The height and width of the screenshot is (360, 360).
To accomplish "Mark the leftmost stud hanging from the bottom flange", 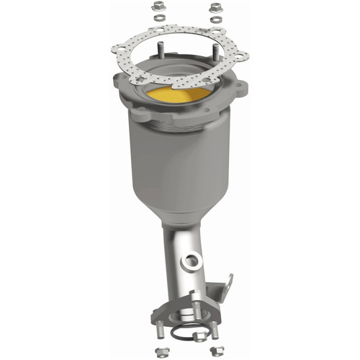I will point(161,331).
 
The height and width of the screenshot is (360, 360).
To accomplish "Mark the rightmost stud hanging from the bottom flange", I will point(213,330).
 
